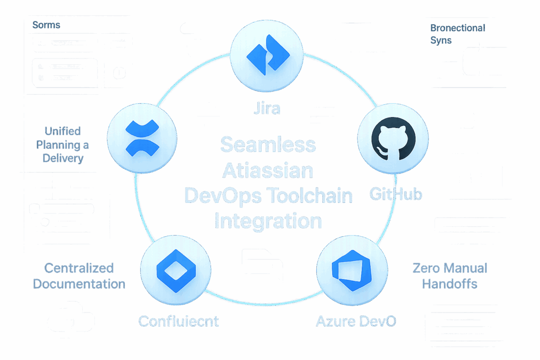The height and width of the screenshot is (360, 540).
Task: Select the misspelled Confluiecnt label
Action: [x=178, y=320]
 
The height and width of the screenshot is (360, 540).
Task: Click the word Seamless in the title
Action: [x=267, y=144]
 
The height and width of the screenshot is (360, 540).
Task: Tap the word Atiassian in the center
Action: [x=268, y=170]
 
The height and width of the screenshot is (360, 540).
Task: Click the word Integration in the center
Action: [x=268, y=221]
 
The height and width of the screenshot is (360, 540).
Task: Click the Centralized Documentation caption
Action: [x=79, y=276]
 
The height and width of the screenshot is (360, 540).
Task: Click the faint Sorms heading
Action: [x=46, y=25]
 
